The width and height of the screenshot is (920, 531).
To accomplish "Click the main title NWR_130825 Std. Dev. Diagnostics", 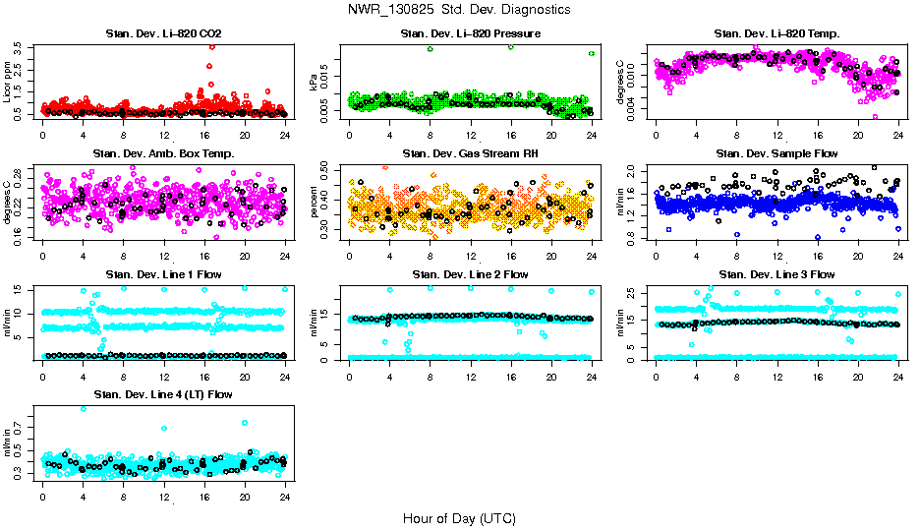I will (459, 9).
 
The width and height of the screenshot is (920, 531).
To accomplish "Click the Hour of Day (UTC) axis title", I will (459, 517).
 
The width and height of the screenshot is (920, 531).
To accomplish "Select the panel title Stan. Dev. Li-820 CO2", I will (163, 34).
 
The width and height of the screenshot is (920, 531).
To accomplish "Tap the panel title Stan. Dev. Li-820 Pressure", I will (470, 34).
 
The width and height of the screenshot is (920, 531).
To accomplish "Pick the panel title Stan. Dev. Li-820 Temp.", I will (776, 34).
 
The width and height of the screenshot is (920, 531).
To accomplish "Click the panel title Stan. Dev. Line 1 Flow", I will (163, 274).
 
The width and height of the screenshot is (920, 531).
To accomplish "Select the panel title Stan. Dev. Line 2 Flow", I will (470, 274).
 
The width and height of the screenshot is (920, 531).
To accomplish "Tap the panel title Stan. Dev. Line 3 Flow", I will (776, 274).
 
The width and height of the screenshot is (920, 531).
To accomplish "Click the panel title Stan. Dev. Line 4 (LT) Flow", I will (163, 394).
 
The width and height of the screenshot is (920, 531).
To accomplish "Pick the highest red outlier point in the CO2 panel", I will (210, 45).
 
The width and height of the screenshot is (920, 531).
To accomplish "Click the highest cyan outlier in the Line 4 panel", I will (83, 409).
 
